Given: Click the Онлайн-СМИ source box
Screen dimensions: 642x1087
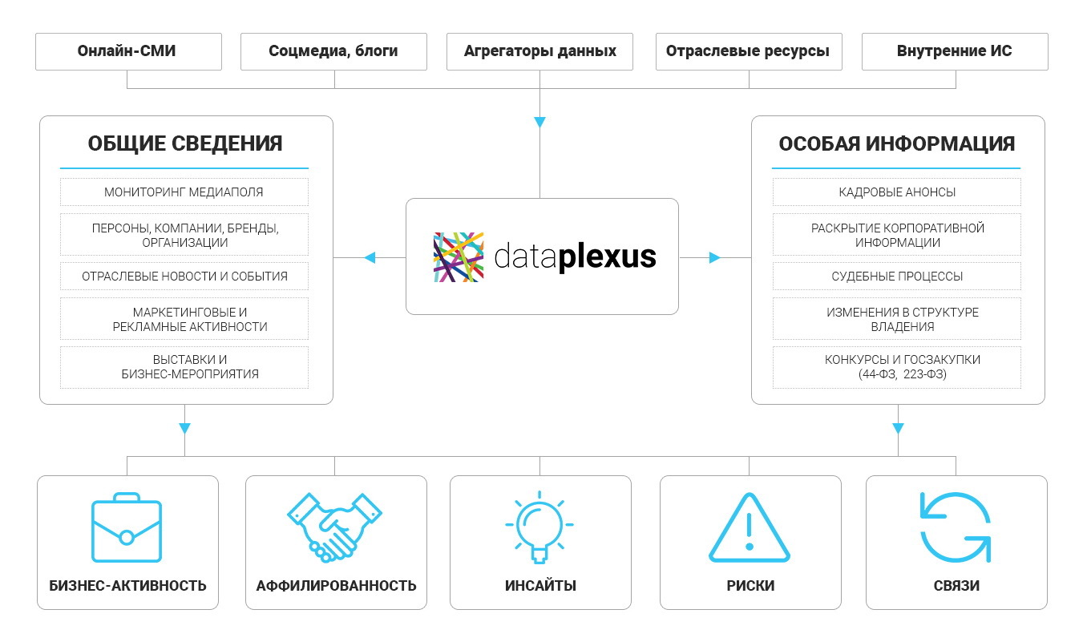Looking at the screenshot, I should coord(127,51).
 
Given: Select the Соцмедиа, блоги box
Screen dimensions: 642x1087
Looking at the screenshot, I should coord(333,51).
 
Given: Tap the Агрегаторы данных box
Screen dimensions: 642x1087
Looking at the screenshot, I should coord(540,51).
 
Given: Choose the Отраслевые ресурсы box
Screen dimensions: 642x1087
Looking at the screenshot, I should coord(748,51).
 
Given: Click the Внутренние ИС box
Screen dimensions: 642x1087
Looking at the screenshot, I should coord(955,51).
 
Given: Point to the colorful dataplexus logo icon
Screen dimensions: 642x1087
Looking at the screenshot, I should coord(459,257).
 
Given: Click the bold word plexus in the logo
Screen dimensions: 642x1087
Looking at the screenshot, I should coord(607,257).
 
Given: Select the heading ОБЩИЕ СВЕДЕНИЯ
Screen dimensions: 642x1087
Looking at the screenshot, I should coord(185,143).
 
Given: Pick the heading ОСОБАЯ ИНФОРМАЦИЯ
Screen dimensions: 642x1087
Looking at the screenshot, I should coord(897,143).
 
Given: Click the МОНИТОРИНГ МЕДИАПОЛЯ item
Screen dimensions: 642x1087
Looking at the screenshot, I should coord(184,192).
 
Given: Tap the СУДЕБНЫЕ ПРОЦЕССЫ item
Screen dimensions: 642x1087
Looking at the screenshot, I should coord(897,277).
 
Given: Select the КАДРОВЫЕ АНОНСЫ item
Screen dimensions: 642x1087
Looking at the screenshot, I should coord(897,192).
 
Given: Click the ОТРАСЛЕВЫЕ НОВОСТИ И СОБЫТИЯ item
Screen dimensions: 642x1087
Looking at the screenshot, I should coord(184,277).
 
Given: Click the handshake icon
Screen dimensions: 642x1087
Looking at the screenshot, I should coord(334,527).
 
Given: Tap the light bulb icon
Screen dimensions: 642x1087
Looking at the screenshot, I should coord(539,526).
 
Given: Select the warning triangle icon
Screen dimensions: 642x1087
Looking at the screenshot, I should coord(750,529).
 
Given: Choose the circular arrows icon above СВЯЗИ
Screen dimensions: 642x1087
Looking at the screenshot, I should coord(956,527).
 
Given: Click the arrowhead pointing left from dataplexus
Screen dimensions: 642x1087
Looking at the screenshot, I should coord(370,257).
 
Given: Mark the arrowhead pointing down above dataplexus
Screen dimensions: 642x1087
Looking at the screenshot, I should coord(539,122).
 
